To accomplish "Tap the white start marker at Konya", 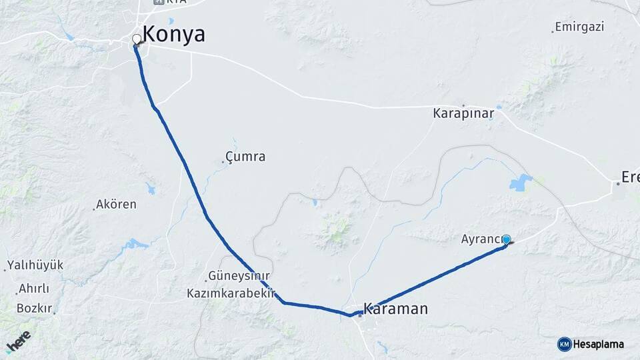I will (137, 39).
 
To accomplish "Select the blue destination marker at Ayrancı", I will (506, 240).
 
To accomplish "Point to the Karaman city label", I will (395, 309).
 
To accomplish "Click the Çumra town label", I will (245, 157).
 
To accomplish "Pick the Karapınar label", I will (463, 113).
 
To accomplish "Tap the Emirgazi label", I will (580, 27).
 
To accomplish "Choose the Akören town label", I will (116, 205).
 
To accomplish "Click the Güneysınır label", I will (239, 276).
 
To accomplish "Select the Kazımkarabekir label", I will (231, 293).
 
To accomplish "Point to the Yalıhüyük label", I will (35, 265).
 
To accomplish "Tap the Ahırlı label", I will (34, 289).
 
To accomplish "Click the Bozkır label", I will (34, 308).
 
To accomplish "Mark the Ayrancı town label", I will (481, 238).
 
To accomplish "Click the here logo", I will (19, 341).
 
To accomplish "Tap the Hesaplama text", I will (598, 344).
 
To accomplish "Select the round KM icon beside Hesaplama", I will (564, 344).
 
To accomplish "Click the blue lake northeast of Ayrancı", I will (521, 182).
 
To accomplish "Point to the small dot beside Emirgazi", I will (553, 31).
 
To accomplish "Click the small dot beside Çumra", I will (223, 161).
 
